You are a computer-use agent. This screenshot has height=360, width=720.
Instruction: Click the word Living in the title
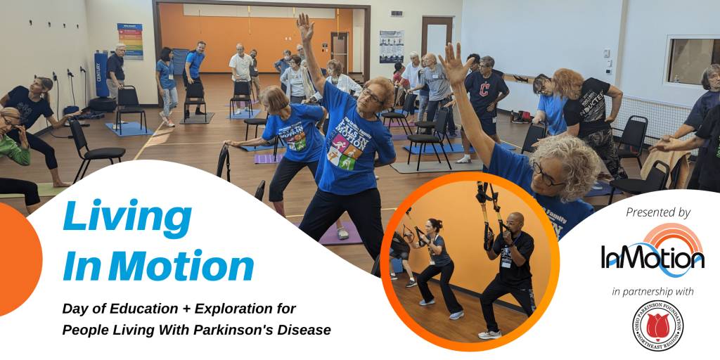point(127,219)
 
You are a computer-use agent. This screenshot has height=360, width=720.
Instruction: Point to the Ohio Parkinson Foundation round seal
point(657,325)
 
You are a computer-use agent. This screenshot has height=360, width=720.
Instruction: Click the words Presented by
point(657,212)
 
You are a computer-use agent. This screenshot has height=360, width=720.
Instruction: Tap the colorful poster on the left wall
point(129,41)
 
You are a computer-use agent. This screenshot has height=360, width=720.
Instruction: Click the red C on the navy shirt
point(484,89)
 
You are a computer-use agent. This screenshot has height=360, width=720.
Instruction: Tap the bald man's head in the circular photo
point(515,220)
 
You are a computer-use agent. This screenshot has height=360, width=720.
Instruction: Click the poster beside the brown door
point(391,46)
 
